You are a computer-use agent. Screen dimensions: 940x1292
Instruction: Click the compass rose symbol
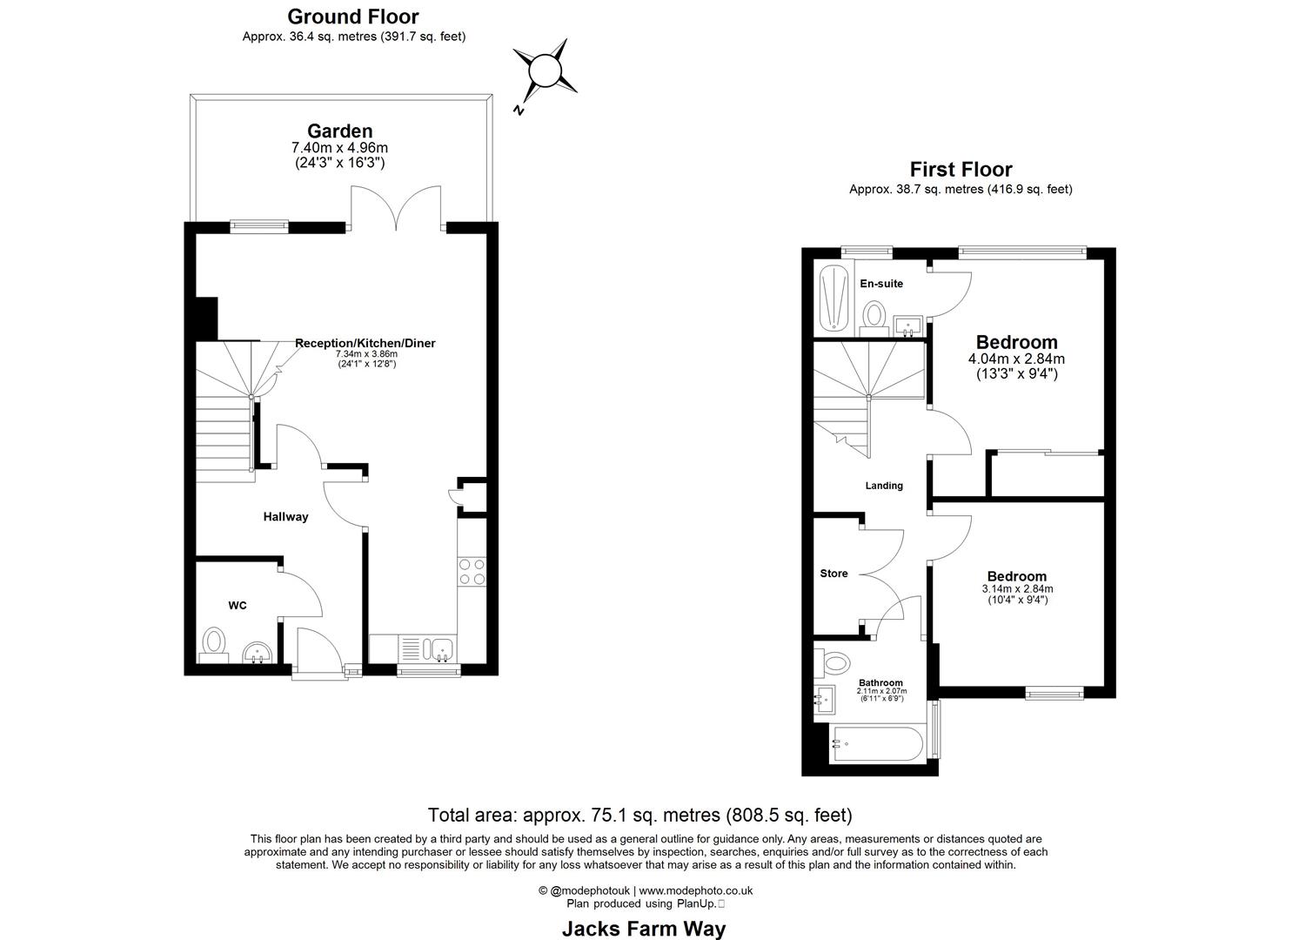click(545, 69)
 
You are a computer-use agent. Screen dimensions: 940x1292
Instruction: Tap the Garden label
click(339, 131)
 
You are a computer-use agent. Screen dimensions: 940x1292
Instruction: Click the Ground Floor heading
click(352, 17)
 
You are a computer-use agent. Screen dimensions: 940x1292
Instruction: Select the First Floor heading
click(961, 169)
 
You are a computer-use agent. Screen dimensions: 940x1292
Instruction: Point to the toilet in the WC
click(214, 644)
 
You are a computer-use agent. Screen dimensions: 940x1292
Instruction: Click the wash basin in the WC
click(258, 653)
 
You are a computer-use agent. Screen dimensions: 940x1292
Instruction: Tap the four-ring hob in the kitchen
click(472, 571)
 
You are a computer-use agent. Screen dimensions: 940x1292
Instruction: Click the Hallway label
click(285, 517)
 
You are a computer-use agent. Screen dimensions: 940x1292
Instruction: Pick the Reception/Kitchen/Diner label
click(365, 343)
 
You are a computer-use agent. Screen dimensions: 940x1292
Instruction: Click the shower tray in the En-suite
click(833, 298)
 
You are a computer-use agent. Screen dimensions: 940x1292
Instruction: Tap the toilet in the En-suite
click(873, 314)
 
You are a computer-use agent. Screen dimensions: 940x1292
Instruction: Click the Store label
click(833, 574)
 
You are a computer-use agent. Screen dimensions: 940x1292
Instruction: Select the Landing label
click(883, 486)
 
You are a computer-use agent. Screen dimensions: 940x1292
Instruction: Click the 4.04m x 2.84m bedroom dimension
click(1016, 359)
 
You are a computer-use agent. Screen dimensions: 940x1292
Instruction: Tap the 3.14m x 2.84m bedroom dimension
click(1016, 589)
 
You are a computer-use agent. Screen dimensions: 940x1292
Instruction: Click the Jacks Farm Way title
click(643, 929)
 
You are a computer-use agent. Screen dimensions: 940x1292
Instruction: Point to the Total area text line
click(639, 816)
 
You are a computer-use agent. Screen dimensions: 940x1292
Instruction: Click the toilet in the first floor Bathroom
click(833, 663)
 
